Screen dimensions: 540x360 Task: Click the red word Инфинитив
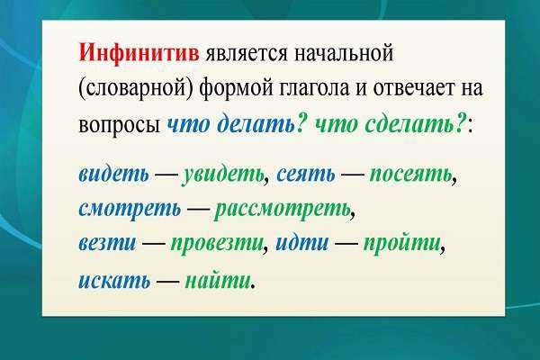(139, 53)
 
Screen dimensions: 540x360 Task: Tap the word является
(246, 54)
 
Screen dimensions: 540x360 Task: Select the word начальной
(343, 54)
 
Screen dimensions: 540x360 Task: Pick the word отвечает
(410, 88)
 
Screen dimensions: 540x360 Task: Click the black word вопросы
(120, 125)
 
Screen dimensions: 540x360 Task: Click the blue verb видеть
(114, 174)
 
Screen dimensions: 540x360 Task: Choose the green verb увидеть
(223, 175)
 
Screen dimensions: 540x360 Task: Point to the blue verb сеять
(305, 175)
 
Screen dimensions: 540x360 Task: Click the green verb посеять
(410, 175)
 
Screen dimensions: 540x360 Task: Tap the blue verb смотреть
(130, 209)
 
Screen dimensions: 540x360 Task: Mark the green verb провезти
(217, 244)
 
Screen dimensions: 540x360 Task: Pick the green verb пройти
(402, 243)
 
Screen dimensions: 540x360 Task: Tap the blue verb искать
(114, 281)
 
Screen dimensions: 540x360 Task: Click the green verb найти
(217, 280)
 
